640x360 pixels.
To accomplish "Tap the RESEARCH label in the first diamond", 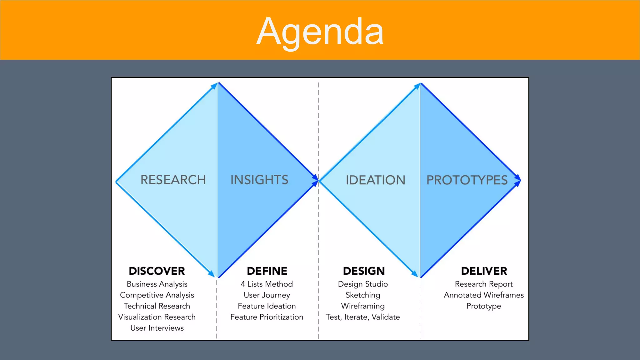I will (x=173, y=180).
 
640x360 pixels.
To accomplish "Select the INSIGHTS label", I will (x=259, y=180).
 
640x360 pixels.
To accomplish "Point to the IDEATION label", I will (x=375, y=180).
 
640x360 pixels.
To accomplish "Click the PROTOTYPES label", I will (x=467, y=180).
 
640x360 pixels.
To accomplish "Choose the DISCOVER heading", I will (x=157, y=271).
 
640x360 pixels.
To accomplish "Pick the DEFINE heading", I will (x=267, y=271).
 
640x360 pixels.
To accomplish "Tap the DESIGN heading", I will (x=364, y=271).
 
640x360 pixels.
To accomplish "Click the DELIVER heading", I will (x=484, y=271).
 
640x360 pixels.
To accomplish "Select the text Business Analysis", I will (x=157, y=284).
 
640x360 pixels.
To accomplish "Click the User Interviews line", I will (x=157, y=328).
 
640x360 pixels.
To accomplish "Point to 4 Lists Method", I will (x=267, y=284).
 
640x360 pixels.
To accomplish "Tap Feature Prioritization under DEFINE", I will (x=267, y=317).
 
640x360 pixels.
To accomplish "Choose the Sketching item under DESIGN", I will (x=363, y=295).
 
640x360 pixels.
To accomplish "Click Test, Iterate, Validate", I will (x=363, y=317).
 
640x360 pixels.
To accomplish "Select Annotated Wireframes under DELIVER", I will (x=484, y=295).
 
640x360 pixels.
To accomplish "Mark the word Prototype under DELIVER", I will (x=484, y=306).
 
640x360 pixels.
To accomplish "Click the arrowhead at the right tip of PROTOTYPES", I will (x=518, y=180).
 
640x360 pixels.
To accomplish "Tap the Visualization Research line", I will (x=157, y=317).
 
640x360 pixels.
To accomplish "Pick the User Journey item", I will (x=267, y=295).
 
